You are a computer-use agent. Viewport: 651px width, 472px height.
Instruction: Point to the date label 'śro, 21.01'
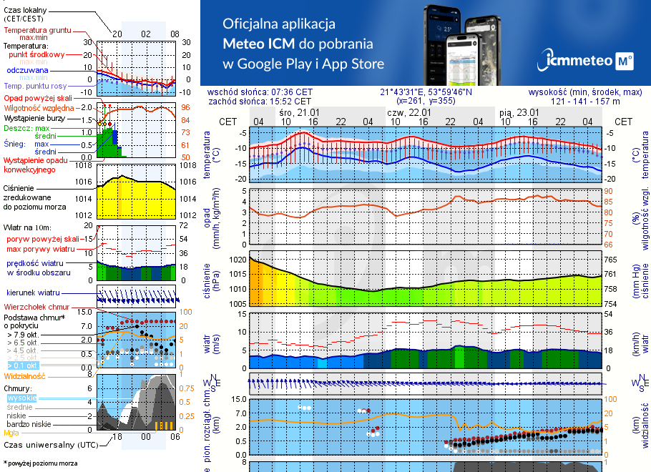click(299, 112)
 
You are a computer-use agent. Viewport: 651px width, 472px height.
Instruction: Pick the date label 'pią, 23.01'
click(519, 112)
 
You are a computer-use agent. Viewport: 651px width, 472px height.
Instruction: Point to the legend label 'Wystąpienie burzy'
click(36, 117)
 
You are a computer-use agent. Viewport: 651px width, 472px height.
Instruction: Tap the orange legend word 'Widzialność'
click(25, 375)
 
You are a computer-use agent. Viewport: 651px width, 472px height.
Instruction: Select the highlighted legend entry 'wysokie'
click(21, 398)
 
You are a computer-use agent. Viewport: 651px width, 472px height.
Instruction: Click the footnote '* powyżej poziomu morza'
click(40, 463)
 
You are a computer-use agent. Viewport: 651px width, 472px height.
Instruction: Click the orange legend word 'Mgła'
click(11, 433)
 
